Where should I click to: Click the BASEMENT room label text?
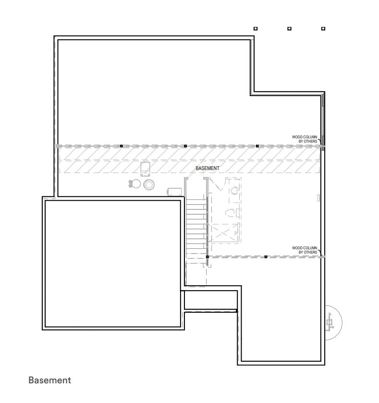208,168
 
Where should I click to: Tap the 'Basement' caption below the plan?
49,380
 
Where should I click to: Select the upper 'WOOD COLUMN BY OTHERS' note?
305,139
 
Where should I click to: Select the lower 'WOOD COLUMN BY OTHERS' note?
305,250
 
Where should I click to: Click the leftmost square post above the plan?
256,28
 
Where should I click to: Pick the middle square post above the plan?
289,28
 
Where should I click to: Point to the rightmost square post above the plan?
323,28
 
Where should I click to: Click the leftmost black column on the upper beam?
121,146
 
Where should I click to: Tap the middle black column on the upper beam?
185,146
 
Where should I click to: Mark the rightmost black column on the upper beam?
257,146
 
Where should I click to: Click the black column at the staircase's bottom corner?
208,257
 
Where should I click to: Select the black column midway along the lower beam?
266,257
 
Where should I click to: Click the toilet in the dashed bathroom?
230,213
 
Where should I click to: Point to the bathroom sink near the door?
234,190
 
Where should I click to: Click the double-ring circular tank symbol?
149,184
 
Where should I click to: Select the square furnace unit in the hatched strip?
145,169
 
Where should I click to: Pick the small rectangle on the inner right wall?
318,197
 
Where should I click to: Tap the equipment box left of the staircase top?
174,192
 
